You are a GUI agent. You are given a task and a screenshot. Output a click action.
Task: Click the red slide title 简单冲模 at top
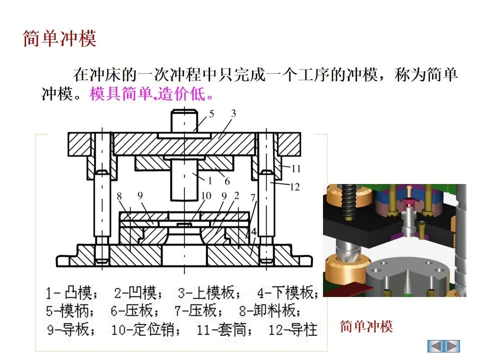click(x=59, y=39)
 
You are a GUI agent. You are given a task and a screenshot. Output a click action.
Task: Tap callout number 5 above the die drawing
click(x=211, y=114)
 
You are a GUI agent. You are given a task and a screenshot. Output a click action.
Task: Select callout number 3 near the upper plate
click(x=233, y=114)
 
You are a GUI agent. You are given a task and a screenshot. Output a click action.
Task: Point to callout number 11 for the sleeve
click(x=296, y=168)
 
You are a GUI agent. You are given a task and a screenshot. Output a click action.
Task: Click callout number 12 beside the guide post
click(x=294, y=187)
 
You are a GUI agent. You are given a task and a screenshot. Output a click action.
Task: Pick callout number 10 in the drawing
click(x=206, y=195)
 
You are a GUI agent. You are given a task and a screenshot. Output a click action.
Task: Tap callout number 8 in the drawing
click(x=119, y=196)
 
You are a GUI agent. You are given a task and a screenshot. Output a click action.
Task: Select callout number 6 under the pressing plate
click(x=227, y=181)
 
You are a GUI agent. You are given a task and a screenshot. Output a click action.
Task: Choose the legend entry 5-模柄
click(x=70, y=311)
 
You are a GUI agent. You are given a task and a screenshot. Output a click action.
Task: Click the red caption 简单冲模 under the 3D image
click(x=366, y=327)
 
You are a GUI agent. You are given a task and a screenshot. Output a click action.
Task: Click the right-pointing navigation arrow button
click(x=452, y=345)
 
